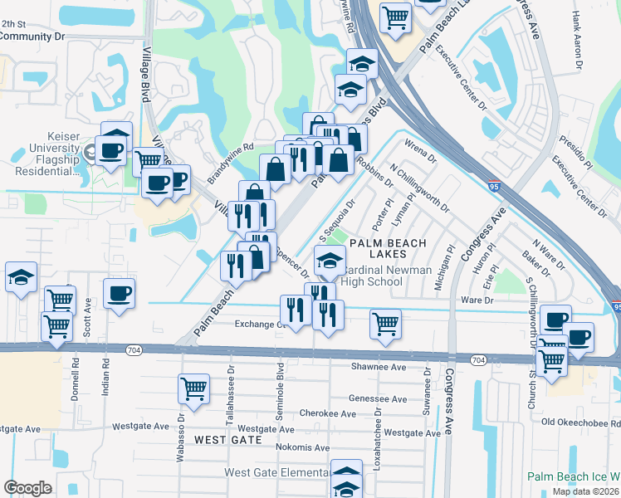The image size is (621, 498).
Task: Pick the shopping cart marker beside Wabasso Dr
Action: tap(193, 388)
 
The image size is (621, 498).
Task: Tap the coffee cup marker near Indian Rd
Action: tap(120, 292)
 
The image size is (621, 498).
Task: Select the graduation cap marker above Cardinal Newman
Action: tap(330, 259)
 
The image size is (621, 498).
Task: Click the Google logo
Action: tap(27, 488)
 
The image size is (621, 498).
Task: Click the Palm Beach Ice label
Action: tap(574, 478)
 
